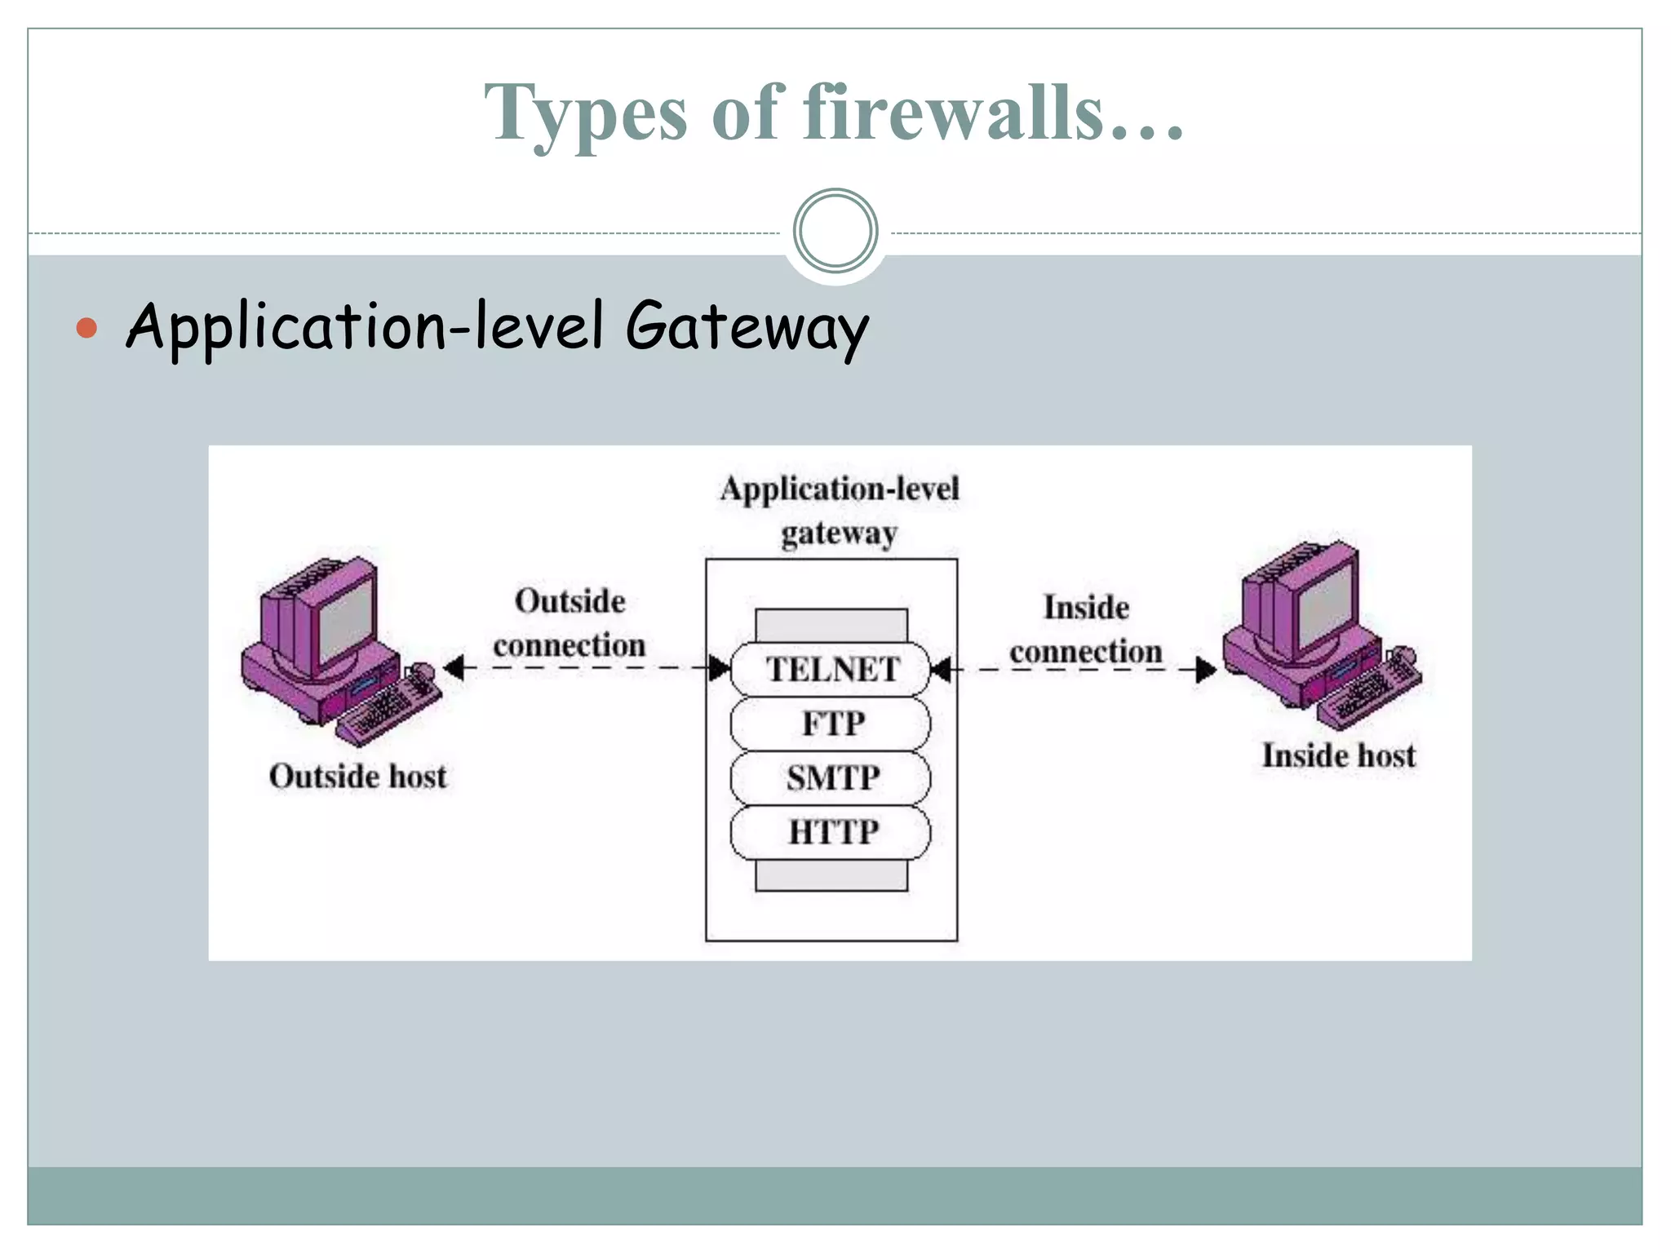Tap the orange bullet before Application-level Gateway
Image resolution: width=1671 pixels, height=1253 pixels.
tap(86, 328)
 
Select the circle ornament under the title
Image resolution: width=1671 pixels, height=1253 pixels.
tap(835, 231)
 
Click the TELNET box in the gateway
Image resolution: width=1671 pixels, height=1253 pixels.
tap(831, 670)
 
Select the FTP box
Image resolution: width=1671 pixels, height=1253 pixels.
tap(831, 724)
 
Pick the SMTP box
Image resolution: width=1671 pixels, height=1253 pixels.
tap(831, 777)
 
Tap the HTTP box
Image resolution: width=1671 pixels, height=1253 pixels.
tap(831, 832)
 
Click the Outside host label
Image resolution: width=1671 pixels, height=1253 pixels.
tap(357, 776)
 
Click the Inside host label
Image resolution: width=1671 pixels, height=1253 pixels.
tap(1338, 755)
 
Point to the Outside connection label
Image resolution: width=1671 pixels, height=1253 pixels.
tap(570, 623)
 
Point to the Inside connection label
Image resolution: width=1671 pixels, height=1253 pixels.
tap(1086, 629)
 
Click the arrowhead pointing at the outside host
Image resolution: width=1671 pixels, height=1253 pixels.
tap(454, 668)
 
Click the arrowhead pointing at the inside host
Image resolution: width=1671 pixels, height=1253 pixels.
tap(1206, 670)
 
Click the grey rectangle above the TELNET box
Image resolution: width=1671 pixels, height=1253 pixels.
tap(831, 625)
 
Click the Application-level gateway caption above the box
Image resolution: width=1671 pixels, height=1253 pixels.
tap(839, 511)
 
